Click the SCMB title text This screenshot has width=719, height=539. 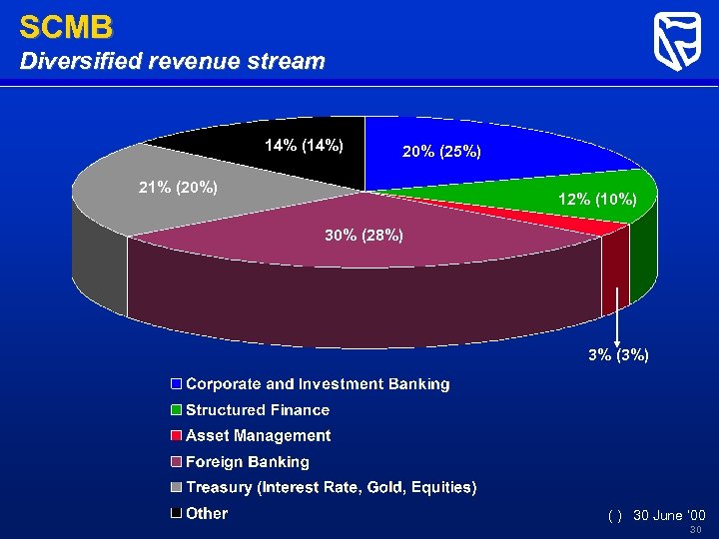(66, 26)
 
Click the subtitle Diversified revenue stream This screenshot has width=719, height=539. (173, 61)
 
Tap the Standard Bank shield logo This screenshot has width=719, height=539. (676, 42)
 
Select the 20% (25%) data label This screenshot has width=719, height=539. (441, 152)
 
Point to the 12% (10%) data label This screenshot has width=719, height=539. (597, 199)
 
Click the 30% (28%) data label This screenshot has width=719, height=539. (363, 236)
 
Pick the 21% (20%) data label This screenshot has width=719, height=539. (177, 187)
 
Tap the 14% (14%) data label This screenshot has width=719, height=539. (304, 146)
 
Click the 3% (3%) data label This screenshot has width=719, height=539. (618, 354)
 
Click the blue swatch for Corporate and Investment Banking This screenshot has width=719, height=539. (176, 384)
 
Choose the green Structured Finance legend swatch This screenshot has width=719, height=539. (176, 410)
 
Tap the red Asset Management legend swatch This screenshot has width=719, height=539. (176, 436)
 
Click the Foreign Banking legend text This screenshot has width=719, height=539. (248, 462)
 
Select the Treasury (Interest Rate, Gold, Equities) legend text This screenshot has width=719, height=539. (332, 488)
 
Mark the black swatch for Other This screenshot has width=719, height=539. (176, 514)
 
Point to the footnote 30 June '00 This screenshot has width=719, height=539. (669, 515)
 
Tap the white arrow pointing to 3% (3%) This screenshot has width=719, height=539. (618, 314)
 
